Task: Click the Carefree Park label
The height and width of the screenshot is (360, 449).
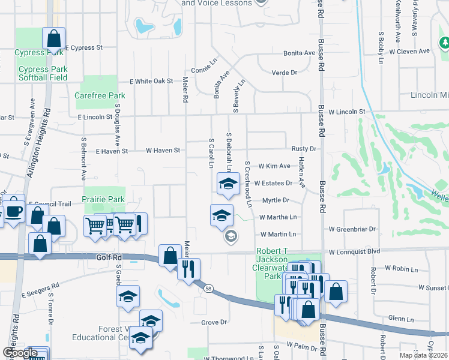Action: click(x=100, y=95)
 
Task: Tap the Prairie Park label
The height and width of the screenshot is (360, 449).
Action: click(x=104, y=199)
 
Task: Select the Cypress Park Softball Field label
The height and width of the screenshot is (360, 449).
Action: click(x=43, y=73)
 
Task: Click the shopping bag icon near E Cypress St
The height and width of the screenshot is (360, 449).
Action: click(x=53, y=38)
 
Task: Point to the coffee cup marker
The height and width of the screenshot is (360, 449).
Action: click(x=14, y=212)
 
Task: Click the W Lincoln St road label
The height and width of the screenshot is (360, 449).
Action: click(x=346, y=112)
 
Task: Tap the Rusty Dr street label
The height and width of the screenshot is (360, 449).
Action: click(x=304, y=149)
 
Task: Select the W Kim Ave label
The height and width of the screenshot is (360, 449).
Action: click(x=274, y=166)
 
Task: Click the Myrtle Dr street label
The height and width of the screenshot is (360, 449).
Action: click(x=276, y=200)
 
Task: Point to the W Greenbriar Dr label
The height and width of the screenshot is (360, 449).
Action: click(x=352, y=229)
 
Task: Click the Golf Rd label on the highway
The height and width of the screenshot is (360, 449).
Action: click(x=109, y=257)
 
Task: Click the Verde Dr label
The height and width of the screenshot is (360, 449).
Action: click(x=285, y=73)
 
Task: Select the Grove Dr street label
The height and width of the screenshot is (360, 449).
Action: click(x=214, y=322)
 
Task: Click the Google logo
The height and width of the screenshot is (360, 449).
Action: click(x=20, y=353)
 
